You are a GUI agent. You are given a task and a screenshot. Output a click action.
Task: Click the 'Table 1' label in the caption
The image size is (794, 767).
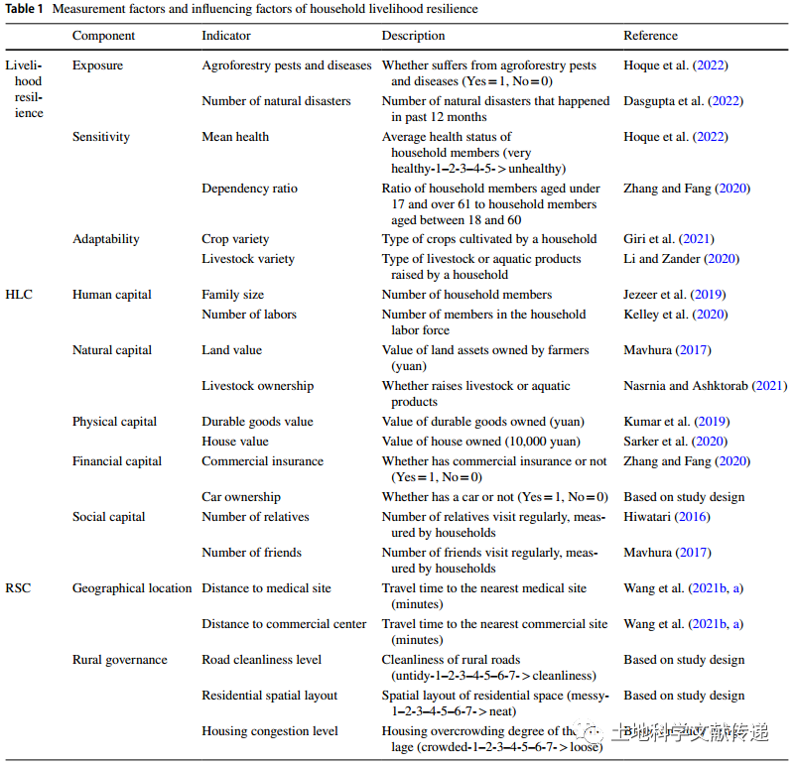(x=24, y=9)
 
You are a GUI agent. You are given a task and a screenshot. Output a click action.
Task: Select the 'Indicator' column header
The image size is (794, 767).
(x=226, y=36)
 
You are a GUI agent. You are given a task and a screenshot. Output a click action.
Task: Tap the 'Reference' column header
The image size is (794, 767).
(x=650, y=36)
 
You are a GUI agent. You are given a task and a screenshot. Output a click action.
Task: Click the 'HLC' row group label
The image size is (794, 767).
(x=19, y=295)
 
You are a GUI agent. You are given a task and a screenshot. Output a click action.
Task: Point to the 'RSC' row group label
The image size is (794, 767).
(x=18, y=588)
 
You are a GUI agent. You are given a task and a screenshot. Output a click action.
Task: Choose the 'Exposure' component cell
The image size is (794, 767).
(x=97, y=65)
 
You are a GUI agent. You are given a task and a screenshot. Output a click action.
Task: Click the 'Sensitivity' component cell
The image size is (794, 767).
(x=101, y=137)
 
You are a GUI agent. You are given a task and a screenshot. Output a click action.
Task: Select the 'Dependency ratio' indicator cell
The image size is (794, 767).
(x=249, y=189)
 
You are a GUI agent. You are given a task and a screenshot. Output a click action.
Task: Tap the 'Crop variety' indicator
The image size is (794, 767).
(x=235, y=239)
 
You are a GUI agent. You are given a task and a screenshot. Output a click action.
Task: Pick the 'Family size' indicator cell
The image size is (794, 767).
(x=232, y=295)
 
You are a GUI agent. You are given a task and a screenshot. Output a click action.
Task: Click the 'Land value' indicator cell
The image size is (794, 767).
(x=231, y=350)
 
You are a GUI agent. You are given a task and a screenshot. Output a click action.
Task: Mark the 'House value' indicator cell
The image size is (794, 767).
(x=235, y=442)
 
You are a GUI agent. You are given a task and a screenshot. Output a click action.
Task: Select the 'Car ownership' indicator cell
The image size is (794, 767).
(x=241, y=497)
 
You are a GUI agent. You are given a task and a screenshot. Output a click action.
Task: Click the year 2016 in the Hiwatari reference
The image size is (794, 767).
(x=692, y=517)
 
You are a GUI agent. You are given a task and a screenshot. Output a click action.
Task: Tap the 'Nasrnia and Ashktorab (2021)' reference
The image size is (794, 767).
(x=706, y=386)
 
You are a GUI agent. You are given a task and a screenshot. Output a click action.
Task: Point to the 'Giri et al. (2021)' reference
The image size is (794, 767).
(x=668, y=239)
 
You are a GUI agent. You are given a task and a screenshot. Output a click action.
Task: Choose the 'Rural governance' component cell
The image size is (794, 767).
(x=119, y=660)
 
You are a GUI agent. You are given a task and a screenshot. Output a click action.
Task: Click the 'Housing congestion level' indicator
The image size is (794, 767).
(x=269, y=731)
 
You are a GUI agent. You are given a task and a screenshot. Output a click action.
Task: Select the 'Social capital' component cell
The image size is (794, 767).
(x=108, y=517)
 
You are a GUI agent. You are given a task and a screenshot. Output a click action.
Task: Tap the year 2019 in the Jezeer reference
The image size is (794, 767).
(x=708, y=295)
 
